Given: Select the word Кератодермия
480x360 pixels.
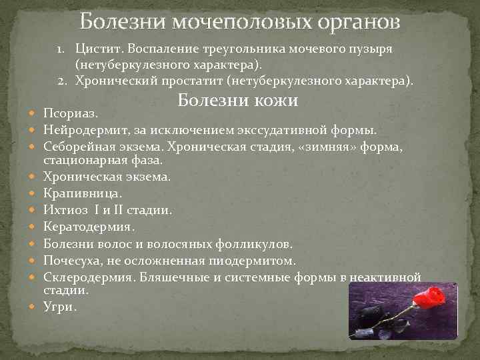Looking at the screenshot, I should (85, 227).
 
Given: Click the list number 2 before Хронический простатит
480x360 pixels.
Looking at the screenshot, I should (61, 81).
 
